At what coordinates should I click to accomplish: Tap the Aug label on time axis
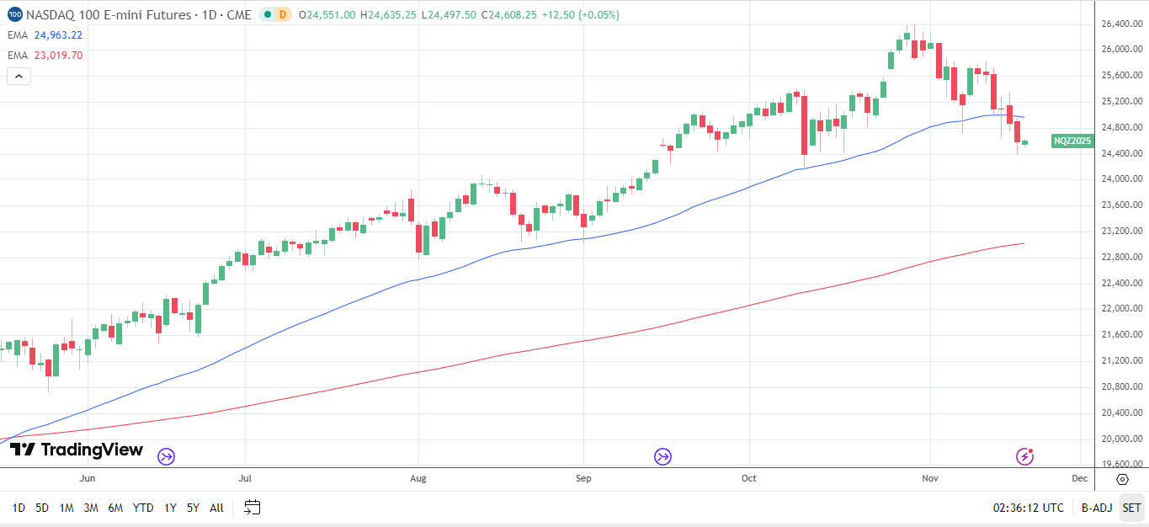point(418,478)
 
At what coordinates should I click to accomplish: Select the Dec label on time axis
point(1080,478)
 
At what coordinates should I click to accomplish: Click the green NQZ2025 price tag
point(1072,141)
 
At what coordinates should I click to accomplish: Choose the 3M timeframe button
point(91,508)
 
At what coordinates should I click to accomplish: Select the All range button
point(216,508)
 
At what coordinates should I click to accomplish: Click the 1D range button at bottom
point(18,508)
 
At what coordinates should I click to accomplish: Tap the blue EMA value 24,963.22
point(58,35)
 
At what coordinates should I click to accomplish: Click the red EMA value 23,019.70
point(58,56)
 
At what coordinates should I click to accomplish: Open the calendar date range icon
point(253,508)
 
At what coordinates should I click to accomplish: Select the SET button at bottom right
point(1131,508)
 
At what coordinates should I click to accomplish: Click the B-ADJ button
point(1096,508)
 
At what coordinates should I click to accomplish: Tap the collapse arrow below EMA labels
point(19,77)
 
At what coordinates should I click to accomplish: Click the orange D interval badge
point(282,14)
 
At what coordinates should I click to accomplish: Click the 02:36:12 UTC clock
point(1028,508)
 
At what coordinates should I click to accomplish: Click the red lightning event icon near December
point(1024,456)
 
